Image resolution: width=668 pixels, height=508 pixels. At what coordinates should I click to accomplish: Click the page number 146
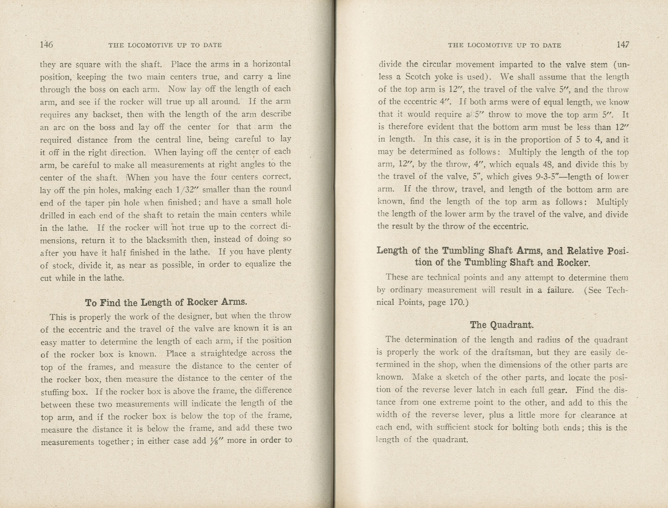tap(46, 45)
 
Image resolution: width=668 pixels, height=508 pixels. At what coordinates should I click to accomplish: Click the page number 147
tap(623, 45)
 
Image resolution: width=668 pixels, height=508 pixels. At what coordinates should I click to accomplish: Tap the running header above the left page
tap(165, 45)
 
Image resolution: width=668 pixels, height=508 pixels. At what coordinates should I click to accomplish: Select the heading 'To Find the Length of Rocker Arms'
tap(166, 302)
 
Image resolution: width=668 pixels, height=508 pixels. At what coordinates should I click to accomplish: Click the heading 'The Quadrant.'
tap(502, 325)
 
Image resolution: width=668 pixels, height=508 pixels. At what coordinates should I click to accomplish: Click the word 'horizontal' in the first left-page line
tap(272, 64)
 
